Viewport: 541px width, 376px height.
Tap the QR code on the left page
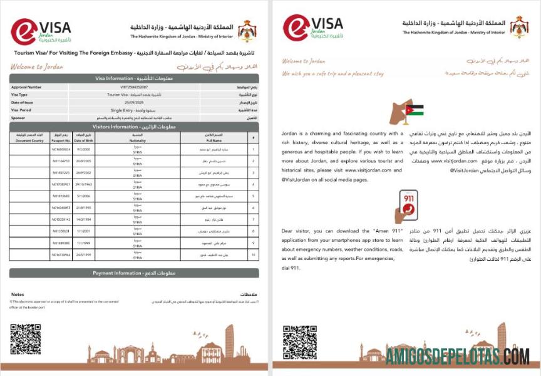coord(25,339)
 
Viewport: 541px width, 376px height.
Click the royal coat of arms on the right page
coord(519,26)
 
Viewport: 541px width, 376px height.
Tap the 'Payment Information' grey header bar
coord(133,273)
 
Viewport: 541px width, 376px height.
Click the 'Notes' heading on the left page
coord(18,294)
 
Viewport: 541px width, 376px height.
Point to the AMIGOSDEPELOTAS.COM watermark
coord(457,357)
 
